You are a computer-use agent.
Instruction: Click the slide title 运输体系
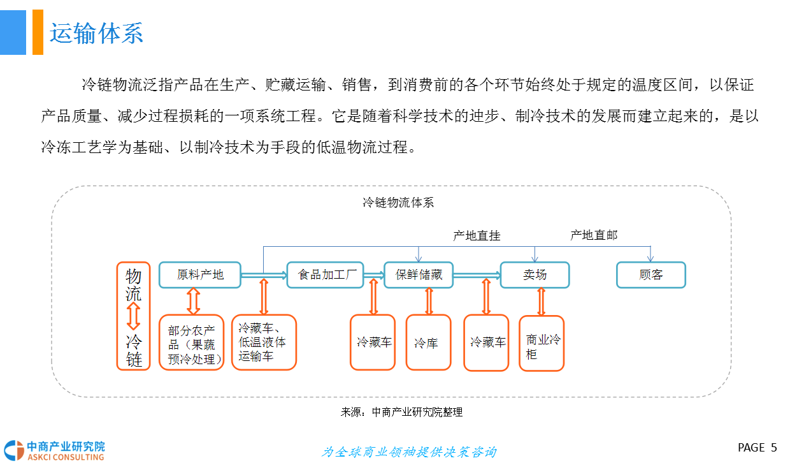pyautogui.click(x=96, y=33)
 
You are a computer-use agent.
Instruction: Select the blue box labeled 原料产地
pyautogui.click(x=200, y=275)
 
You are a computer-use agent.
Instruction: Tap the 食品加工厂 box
pyautogui.click(x=325, y=275)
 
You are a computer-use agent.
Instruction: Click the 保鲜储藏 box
pyautogui.click(x=418, y=275)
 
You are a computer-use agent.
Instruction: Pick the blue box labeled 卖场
pyautogui.click(x=535, y=275)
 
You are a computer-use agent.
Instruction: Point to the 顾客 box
pyautogui.click(x=650, y=275)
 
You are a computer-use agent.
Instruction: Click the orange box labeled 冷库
pyautogui.click(x=428, y=343)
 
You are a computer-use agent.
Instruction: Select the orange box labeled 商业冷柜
pyautogui.click(x=542, y=344)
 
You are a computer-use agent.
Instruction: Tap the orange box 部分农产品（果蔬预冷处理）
pyautogui.click(x=192, y=342)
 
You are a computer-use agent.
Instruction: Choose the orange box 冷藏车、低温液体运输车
pyautogui.click(x=263, y=342)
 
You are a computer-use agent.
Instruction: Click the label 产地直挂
pyautogui.click(x=477, y=236)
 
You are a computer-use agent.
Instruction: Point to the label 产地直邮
pyautogui.click(x=594, y=235)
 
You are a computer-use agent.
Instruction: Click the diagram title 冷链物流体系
pyautogui.click(x=398, y=203)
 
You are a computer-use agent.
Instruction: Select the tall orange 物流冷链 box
pyautogui.click(x=134, y=316)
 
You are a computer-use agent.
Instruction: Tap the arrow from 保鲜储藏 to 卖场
pyautogui.click(x=476, y=275)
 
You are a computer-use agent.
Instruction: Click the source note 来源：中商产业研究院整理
pyautogui.click(x=401, y=412)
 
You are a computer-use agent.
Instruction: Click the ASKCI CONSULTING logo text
pyautogui.click(x=65, y=457)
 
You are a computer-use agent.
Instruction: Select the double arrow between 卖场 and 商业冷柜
pyautogui.click(x=542, y=302)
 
